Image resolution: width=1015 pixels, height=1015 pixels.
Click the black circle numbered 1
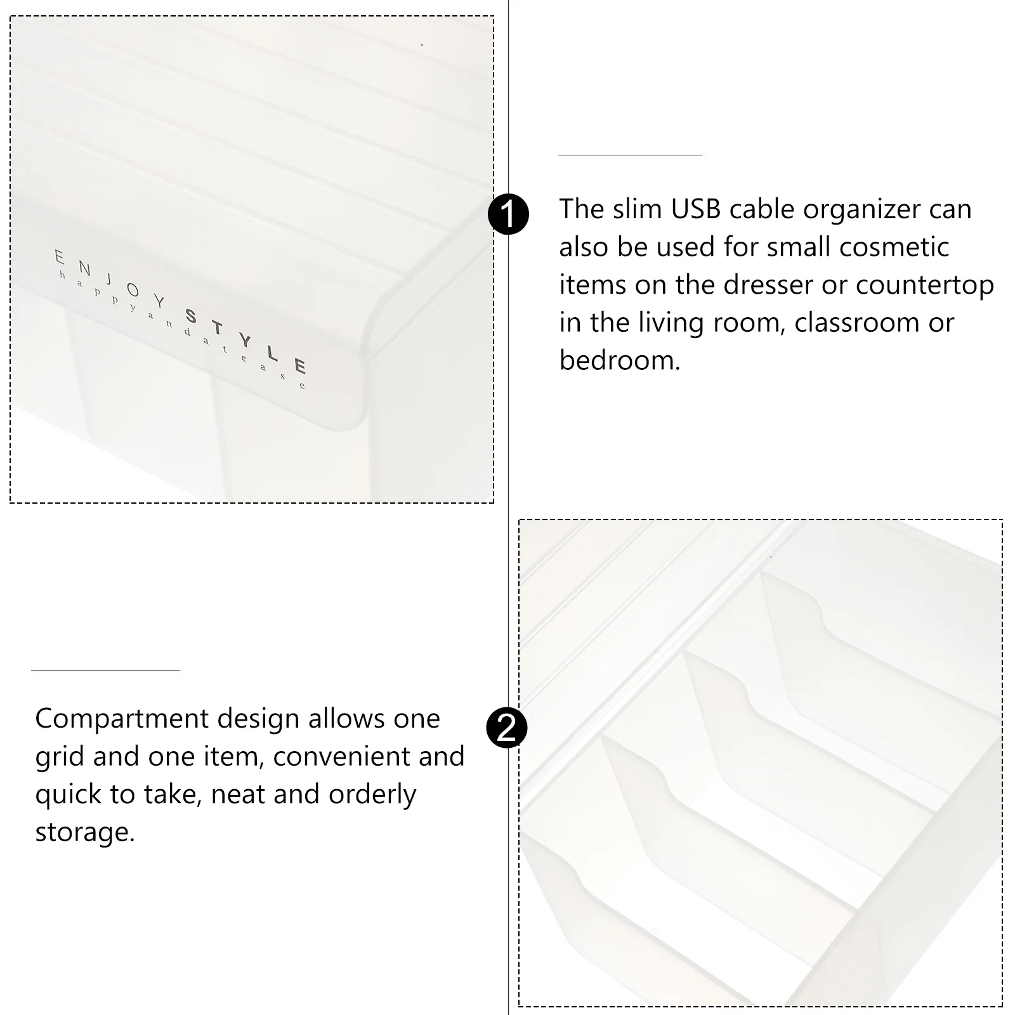tap(508, 214)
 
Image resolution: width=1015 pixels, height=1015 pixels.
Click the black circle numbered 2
tap(507, 728)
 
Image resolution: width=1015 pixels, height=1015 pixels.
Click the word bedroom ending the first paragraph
tap(620, 360)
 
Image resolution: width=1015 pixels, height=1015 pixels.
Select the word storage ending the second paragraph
tap(85, 833)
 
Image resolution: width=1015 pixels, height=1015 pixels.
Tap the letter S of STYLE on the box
tap(191, 315)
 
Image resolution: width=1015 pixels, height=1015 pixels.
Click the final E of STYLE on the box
tap(300, 366)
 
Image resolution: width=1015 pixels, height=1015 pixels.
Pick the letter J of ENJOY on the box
tap(109, 279)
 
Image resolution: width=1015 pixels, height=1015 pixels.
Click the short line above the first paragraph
tap(630, 155)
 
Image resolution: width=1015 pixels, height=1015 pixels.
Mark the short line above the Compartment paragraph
tap(105, 670)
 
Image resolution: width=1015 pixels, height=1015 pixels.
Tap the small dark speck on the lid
tap(422, 45)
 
